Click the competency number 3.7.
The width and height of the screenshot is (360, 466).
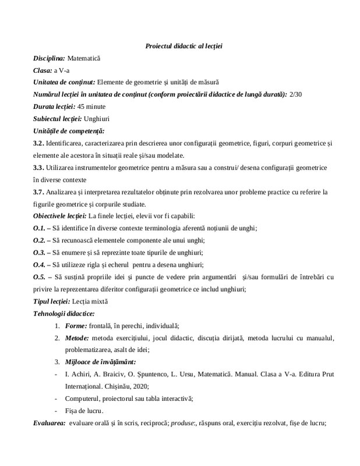(x=39, y=192)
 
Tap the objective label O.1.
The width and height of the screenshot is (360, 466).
(x=40, y=228)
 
